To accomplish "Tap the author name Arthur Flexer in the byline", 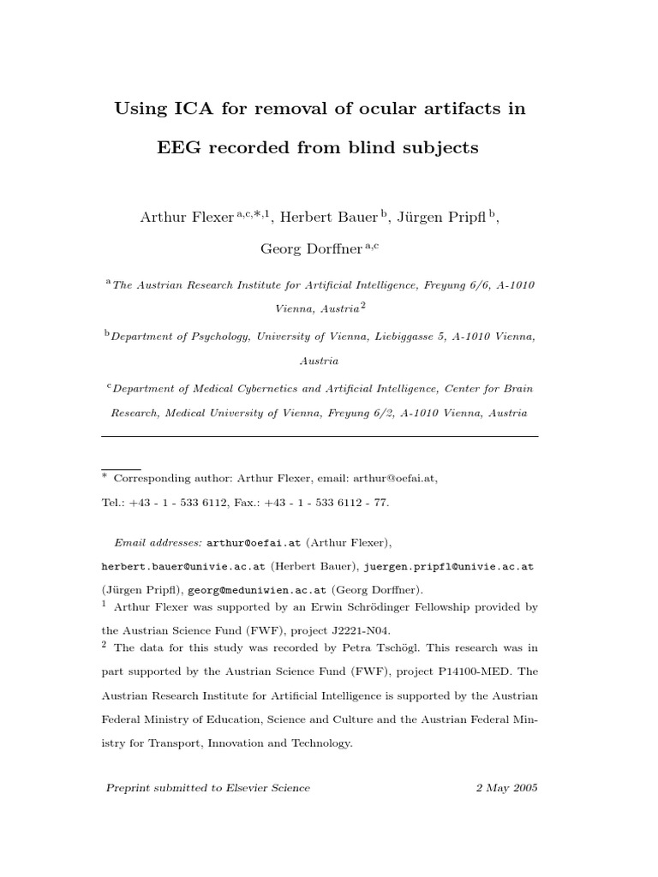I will (186, 218).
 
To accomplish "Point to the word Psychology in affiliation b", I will (221, 337).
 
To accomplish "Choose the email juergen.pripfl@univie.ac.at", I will (449, 567).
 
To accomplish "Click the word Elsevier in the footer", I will (249, 788).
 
